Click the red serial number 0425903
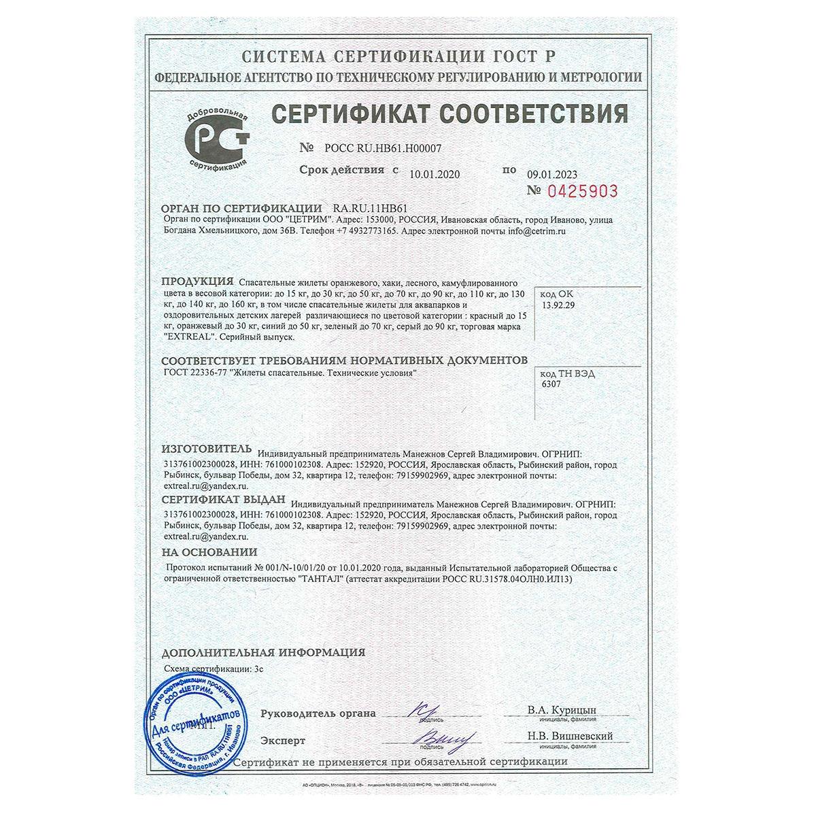581,191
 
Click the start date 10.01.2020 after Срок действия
435,174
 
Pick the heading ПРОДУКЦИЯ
198,282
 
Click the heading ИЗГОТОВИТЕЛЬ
206,449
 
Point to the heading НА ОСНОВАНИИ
209,553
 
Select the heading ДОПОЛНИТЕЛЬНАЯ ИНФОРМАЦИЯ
263,653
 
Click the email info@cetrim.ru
537,231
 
